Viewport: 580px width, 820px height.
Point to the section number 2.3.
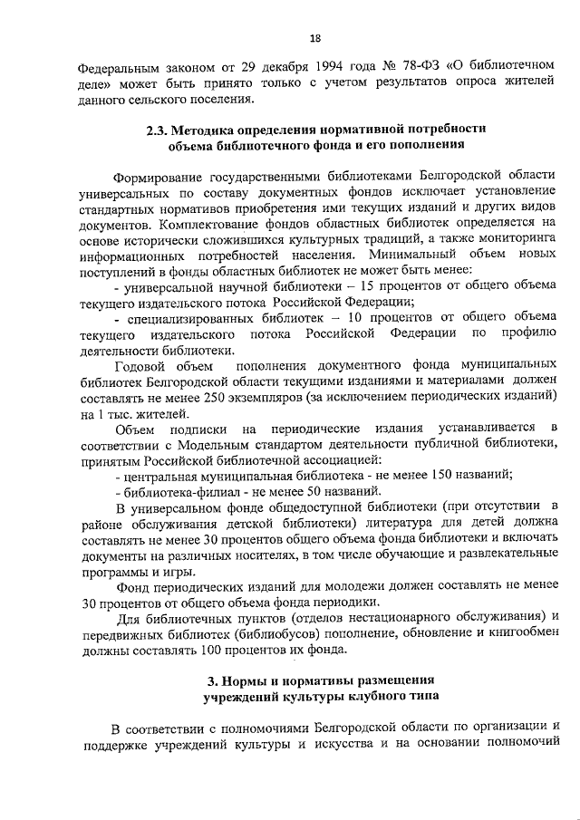pos(159,130)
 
